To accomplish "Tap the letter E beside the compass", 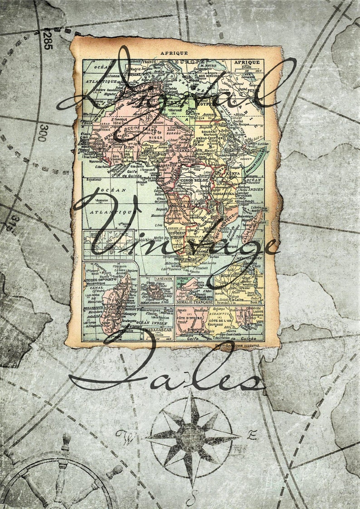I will point(252,436).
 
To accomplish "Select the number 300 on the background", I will point(42,133).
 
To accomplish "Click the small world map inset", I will point(108,244).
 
